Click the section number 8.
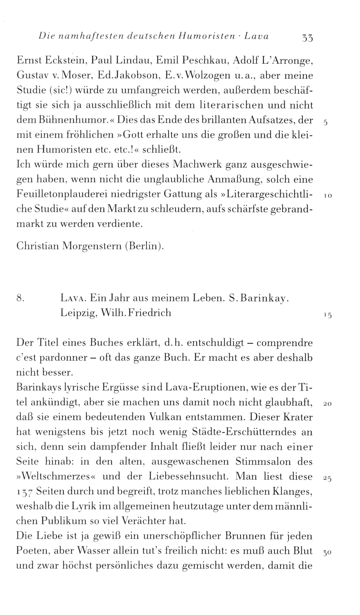tap(21, 298)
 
